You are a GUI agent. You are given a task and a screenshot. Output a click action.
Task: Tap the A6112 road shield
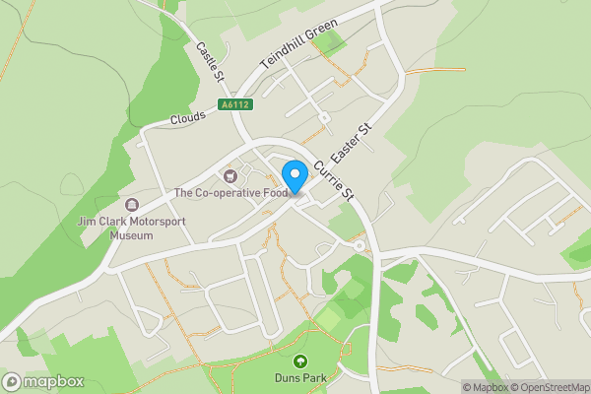coord(233,104)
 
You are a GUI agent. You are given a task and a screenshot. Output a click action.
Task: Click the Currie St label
coord(334,181)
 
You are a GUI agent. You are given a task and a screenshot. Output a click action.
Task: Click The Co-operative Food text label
coord(231,193)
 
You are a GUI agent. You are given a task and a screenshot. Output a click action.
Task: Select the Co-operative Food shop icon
coord(230,176)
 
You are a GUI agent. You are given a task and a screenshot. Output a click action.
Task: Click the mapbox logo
coord(43,381)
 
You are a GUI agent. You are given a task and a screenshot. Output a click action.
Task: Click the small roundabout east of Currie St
coord(361,245)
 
